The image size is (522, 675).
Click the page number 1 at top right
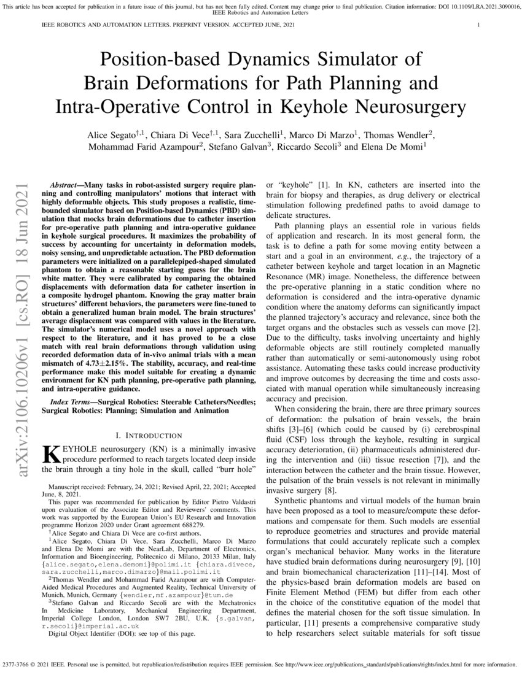478,25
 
